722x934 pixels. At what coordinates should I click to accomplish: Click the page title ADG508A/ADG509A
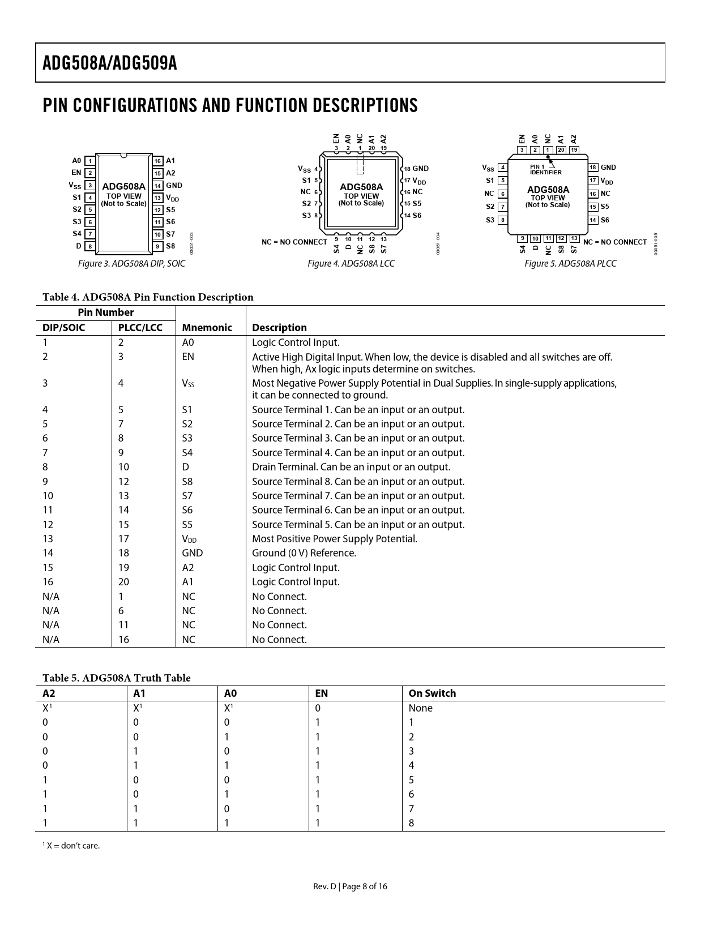[x=110, y=63]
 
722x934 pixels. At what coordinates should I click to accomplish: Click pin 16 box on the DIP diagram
[x=158, y=161]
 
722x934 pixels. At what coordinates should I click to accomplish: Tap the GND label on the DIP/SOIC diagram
[x=174, y=185]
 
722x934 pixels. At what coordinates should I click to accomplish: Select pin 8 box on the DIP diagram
[x=90, y=247]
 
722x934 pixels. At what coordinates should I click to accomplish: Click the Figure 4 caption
[x=351, y=264]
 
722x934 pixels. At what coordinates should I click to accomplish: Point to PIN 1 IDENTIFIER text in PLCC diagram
[x=545, y=169]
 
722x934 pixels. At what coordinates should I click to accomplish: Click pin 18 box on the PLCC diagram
[x=593, y=168]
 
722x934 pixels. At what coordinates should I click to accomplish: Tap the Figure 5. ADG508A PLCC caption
[x=570, y=264]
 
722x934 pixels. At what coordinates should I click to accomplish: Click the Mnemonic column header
[x=207, y=328]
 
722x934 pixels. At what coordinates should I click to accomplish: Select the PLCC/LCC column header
[x=140, y=328]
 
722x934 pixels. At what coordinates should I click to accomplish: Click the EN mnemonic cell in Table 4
[x=188, y=357]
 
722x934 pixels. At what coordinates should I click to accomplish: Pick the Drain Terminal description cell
[x=351, y=467]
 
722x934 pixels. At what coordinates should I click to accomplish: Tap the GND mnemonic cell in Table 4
[x=192, y=553]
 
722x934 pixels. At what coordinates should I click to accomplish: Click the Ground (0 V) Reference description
[x=304, y=553]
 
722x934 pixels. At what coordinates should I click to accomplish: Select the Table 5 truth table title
[x=117, y=678]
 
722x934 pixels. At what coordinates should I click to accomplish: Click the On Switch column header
[x=432, y=693]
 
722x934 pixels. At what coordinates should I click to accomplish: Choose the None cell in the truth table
[x=420, y=708]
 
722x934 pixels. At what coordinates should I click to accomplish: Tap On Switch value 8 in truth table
[x=412, y=823]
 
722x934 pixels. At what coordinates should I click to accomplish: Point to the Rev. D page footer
[x=351, y=886]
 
